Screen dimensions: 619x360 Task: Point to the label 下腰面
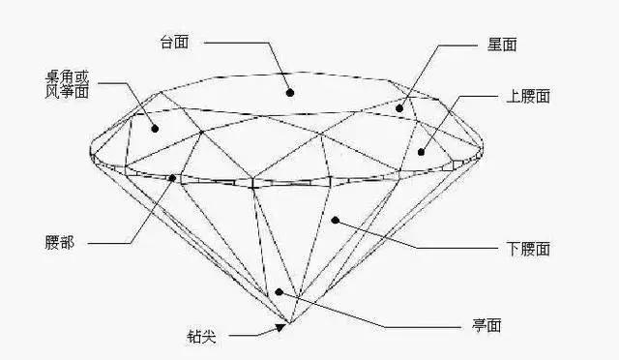528,250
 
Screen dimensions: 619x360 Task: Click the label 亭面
484,326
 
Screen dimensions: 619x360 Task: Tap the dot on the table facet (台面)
288,93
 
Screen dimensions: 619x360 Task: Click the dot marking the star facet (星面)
399,108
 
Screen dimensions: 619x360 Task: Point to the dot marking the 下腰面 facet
335,221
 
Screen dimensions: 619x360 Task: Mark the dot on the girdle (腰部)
173,177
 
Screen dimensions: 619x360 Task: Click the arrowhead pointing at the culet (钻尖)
280,327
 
